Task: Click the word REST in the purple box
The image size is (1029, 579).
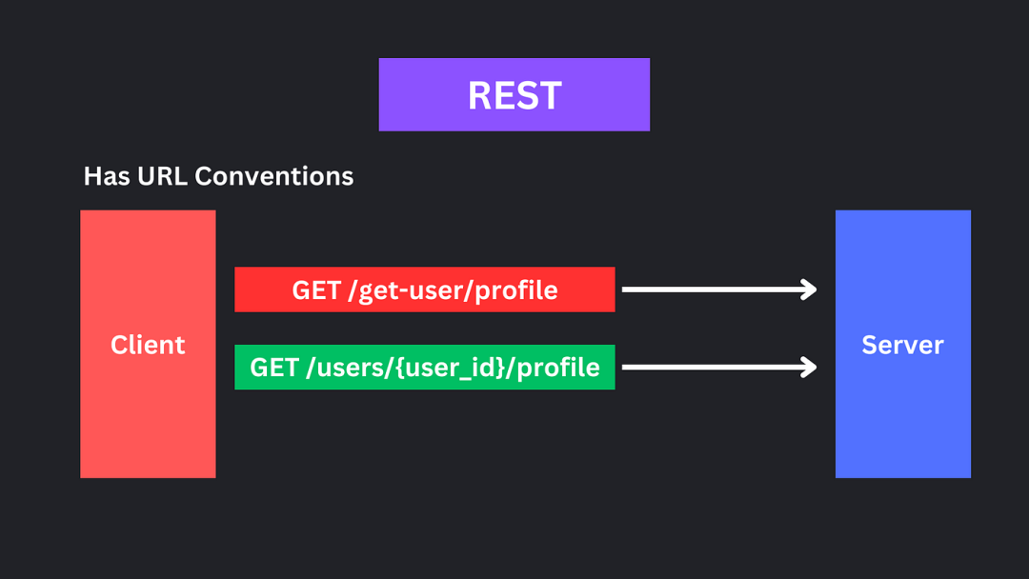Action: tap(514, 96)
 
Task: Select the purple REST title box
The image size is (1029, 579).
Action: tap(514, 94)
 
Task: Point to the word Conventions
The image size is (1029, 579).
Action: tap(274, 176)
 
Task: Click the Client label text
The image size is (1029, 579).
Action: tap(148, 345)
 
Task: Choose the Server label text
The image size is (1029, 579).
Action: tap(903, 345)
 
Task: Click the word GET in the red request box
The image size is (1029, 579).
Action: tap(316, 289)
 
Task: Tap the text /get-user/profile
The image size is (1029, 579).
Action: tap(453, 290)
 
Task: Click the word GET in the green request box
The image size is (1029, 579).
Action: tap(274, 368)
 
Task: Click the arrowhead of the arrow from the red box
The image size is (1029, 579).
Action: tap(809, 289)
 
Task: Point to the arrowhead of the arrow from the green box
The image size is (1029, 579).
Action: tap(809, 367)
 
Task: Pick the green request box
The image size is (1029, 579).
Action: tap(425, 368)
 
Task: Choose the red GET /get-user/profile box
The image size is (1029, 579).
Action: tap(425, 289)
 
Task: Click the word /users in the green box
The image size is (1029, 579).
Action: tap(346, 368)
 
